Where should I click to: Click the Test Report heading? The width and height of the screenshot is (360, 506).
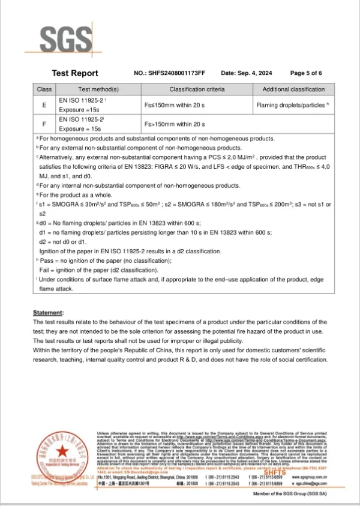pyautogui.click(x=75, y=73)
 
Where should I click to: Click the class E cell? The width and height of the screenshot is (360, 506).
pyautogui.click(x=44, y=105)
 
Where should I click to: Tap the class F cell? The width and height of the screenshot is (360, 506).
pyautogui.click(x=44, y=124)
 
